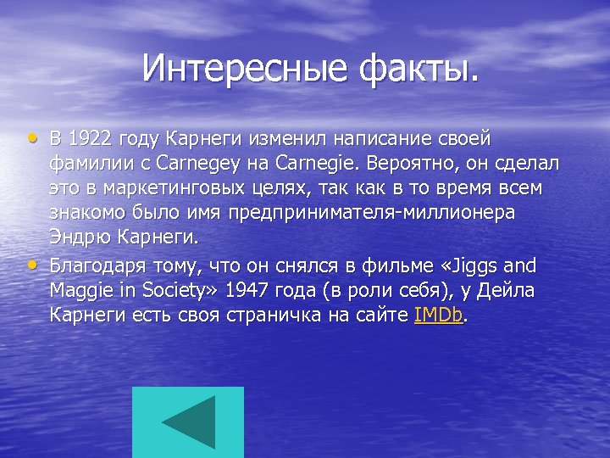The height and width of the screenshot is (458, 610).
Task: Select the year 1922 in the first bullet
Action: (91, 138)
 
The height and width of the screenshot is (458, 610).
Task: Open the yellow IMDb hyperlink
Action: (439, 315)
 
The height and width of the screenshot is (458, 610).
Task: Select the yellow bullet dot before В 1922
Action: (33, 137)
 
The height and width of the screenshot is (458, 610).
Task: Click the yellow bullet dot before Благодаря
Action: (33, 264)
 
